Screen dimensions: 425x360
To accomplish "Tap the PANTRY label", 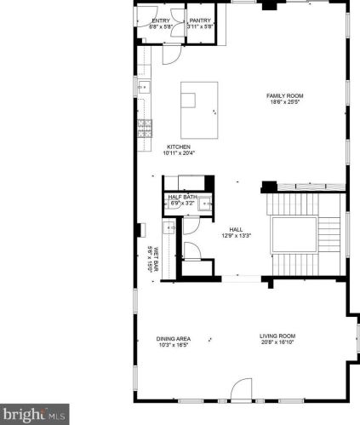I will point(200,21).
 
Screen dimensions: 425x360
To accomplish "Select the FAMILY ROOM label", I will point(285,96).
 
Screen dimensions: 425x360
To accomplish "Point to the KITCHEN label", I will point(179,146).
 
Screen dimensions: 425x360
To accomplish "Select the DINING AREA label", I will point(173,339).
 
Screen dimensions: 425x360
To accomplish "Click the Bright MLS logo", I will point(34,415).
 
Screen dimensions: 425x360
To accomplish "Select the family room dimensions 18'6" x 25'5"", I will point(285,103).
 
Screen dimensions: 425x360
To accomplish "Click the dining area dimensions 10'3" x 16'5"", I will point(173,346).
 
